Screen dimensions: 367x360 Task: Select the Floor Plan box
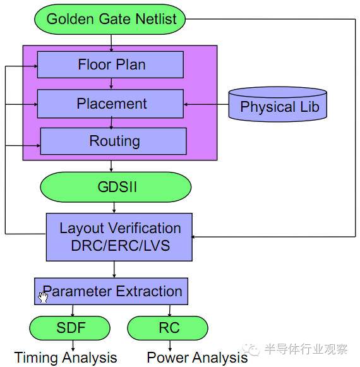coord(111,64)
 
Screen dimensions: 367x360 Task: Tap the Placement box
coord(111,104)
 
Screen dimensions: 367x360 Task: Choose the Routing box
coord(114,141)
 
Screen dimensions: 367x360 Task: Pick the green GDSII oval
coord(116,188)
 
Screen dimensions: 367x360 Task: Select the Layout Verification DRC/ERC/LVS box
coord(119,237)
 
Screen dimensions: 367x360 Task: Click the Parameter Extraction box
coord(111,291)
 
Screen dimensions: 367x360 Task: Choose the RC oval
coord(168,328)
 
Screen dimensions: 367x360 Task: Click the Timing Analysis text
coord(66,358)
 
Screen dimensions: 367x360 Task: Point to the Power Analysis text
coord(197,358)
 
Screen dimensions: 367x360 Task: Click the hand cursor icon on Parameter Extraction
coord(43,296)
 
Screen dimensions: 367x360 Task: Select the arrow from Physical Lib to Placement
coord(205,104)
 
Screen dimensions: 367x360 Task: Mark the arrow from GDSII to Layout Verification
coord(114,207)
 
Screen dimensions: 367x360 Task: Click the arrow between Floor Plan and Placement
coord(111,83)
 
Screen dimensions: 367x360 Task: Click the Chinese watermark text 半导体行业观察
coord(306,349)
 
